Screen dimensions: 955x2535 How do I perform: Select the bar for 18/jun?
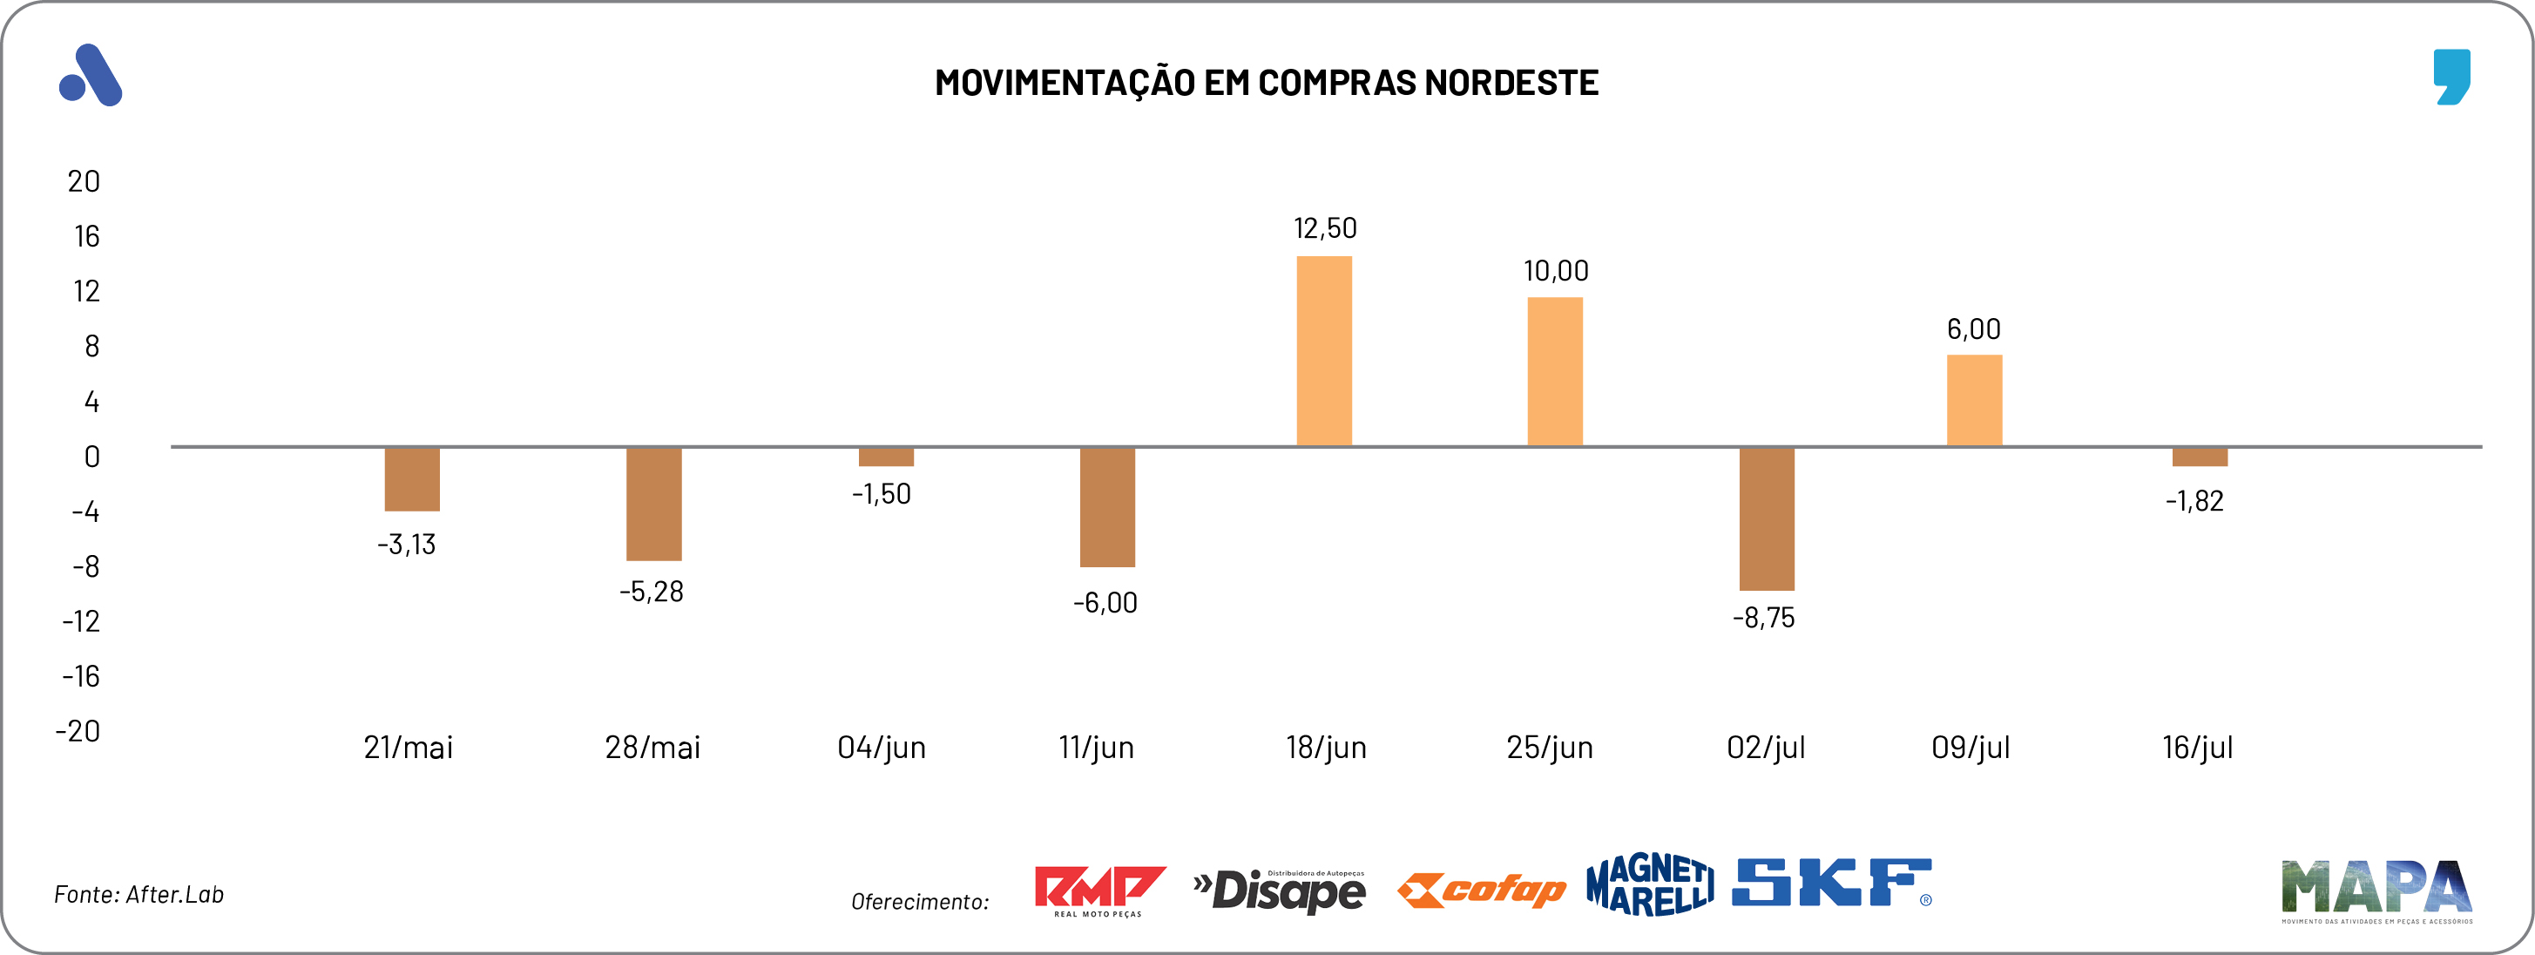pos(1323,351)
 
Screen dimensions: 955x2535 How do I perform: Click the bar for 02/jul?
pos(1767,518)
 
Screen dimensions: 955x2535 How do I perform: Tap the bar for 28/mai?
pos(653,505)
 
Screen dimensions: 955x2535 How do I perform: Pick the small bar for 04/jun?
pos(886,457)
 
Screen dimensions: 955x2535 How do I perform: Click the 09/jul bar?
pos(1974,401)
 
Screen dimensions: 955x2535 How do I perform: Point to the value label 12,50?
pos(1325,228)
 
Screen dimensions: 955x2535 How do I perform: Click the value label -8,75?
pos(1763,619)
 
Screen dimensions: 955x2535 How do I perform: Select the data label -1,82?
pos(2194,501)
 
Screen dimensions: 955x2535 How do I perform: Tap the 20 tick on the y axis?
pos(84,181)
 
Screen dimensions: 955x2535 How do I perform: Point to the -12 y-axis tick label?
pos(81,621)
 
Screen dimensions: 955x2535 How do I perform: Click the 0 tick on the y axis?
pos(91,457)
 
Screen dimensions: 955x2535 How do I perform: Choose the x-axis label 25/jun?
pos(1549,748)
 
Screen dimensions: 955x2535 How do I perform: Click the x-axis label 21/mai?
pos(409,748)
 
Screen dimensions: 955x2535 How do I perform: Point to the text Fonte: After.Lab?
pos(139,894)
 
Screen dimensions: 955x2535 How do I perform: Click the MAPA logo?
pos(2376,890)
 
